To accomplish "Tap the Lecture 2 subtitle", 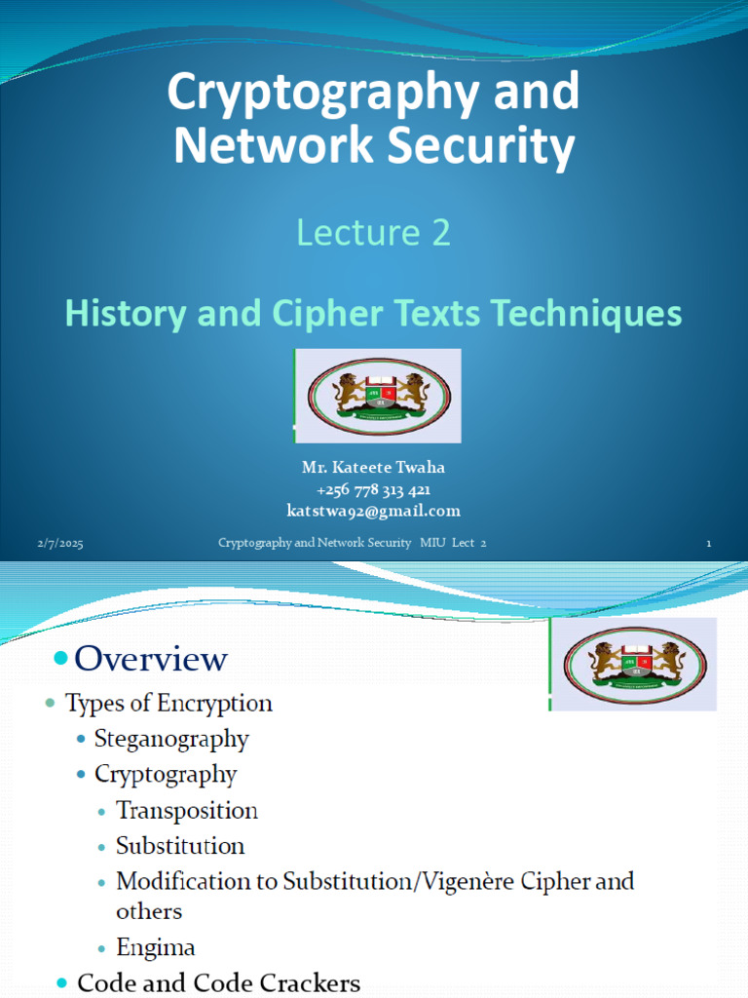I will pyautogui.click(x=373, y=233).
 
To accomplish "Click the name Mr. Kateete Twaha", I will pyautogui.click(x=373, y=468).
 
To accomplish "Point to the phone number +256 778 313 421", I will pyautogui.click(x=373, y=489).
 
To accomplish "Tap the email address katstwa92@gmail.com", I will pyautogui.click(x=373, y=511).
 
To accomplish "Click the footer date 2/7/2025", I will pyautogui.click(x=61, y=544).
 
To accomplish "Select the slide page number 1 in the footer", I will pyautogui.click(x=709, y=544).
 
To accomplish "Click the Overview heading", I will pyautogui.click(x=151, y=659).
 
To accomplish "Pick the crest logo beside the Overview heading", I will pyautogui.click(x=636, y=666).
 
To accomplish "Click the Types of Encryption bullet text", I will pyautogui.click(x=168, y=703).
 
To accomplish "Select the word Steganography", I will pyautogui.click(x=171, y=739).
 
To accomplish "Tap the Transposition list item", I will pyautogui.click(x=187, y=810).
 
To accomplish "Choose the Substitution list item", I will pyautogui.click(x=180, y=845).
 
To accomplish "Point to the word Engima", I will pyautogui.click(x=156, y=946).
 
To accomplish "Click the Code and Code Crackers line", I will pyautogui.click(x=218, y=983).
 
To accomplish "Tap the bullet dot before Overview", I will pyautogui.click(x=60, y=660).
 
